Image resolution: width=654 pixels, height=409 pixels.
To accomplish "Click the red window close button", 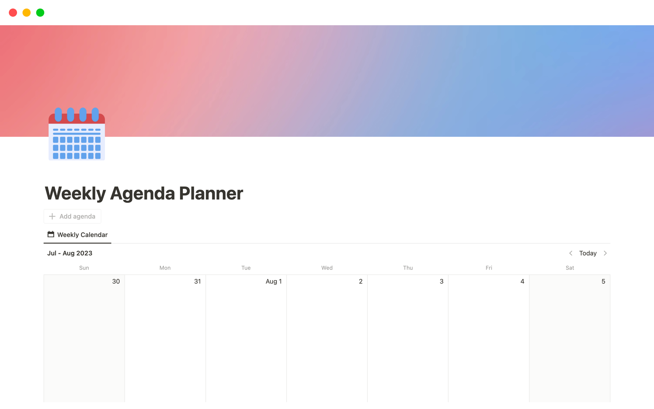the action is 13,13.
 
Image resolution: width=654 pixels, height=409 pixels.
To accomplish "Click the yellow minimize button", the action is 27,13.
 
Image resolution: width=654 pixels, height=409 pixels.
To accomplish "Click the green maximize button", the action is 40,13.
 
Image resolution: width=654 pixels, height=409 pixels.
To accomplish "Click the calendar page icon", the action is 77,134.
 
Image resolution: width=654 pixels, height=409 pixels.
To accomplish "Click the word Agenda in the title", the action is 142,193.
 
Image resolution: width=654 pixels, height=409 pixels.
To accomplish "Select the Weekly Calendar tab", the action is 77,234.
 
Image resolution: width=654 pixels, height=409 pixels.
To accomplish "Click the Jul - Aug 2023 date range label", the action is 70,253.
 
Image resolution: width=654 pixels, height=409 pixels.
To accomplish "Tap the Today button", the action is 588,253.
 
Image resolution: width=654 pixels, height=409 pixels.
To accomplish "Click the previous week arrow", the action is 571,253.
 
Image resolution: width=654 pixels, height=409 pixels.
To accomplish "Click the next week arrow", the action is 605,253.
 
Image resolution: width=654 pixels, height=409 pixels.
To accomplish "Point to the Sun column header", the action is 84,268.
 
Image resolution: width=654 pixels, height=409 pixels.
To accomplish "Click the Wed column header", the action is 327,268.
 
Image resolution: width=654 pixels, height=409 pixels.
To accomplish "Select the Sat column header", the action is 570,268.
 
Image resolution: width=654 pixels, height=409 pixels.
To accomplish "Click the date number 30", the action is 116,282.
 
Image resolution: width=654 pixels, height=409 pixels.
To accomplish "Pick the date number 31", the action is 197,282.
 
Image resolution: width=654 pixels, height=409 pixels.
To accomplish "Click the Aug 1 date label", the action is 274,282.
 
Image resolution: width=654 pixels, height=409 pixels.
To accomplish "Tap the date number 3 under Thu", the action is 441,282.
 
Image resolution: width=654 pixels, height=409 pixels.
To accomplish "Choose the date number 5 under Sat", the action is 603,282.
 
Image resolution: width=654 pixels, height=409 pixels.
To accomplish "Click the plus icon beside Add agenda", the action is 52,216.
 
